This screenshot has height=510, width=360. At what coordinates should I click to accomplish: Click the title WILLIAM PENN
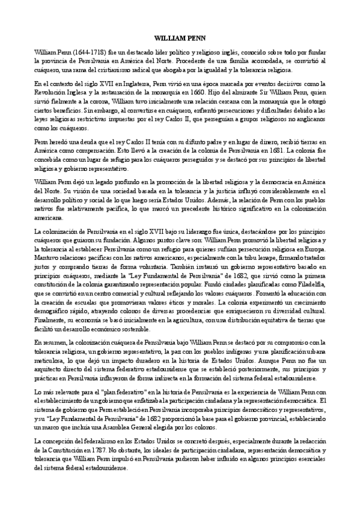coord(180,36)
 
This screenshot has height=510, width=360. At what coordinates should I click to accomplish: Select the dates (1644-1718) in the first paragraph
coord(76,52)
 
